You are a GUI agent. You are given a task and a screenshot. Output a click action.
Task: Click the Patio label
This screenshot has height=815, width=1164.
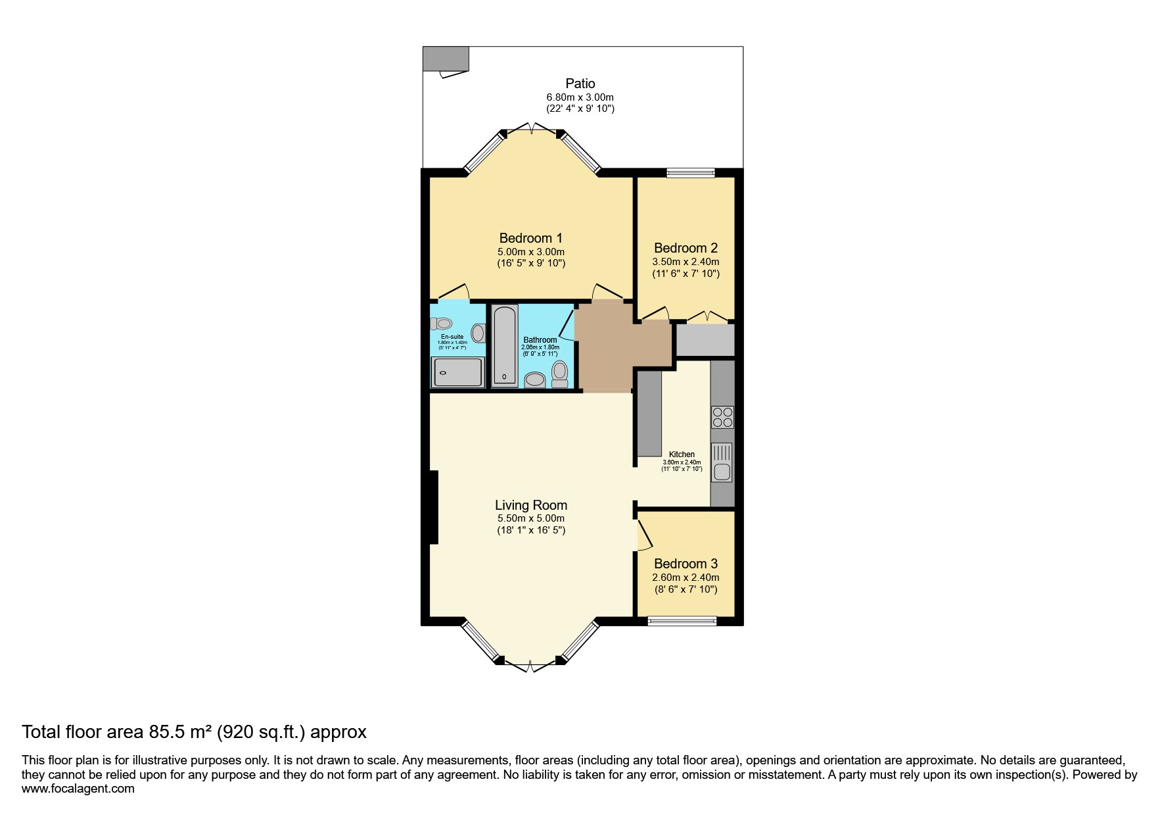pos(580,84)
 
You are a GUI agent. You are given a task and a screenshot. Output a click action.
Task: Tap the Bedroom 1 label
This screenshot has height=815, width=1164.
pos(530,238)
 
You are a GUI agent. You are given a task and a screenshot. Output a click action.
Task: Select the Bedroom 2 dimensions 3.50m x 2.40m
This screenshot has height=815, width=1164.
pos(686,262)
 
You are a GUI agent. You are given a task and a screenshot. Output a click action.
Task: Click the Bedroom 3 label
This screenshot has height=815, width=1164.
pos(686,564)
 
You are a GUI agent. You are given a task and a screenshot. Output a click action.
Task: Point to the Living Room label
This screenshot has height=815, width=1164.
pos(530,505)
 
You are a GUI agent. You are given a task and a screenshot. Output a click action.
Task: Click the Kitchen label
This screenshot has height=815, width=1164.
pos(682,455)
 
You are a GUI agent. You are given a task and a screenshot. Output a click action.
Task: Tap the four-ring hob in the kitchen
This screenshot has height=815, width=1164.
pos(722,418)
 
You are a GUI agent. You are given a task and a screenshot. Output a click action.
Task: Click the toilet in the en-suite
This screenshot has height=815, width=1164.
pos(442,324)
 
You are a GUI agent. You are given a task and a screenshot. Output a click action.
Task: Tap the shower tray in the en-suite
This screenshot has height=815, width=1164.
pos(457,372)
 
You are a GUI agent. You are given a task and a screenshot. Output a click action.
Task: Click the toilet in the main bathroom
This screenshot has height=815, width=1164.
pos(559,374)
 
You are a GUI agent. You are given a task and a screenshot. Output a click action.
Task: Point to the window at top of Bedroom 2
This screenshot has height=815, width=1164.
pos(690,173)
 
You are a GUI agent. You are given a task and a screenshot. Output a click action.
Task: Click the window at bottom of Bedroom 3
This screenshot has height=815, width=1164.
pos(682,620)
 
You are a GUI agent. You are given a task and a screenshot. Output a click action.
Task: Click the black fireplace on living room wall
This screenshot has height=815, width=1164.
pos(434,507)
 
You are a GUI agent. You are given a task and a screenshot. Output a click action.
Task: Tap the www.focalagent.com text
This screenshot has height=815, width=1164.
pos(78,789)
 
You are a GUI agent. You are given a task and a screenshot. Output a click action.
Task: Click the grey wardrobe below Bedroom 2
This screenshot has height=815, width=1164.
pos(705,340)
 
